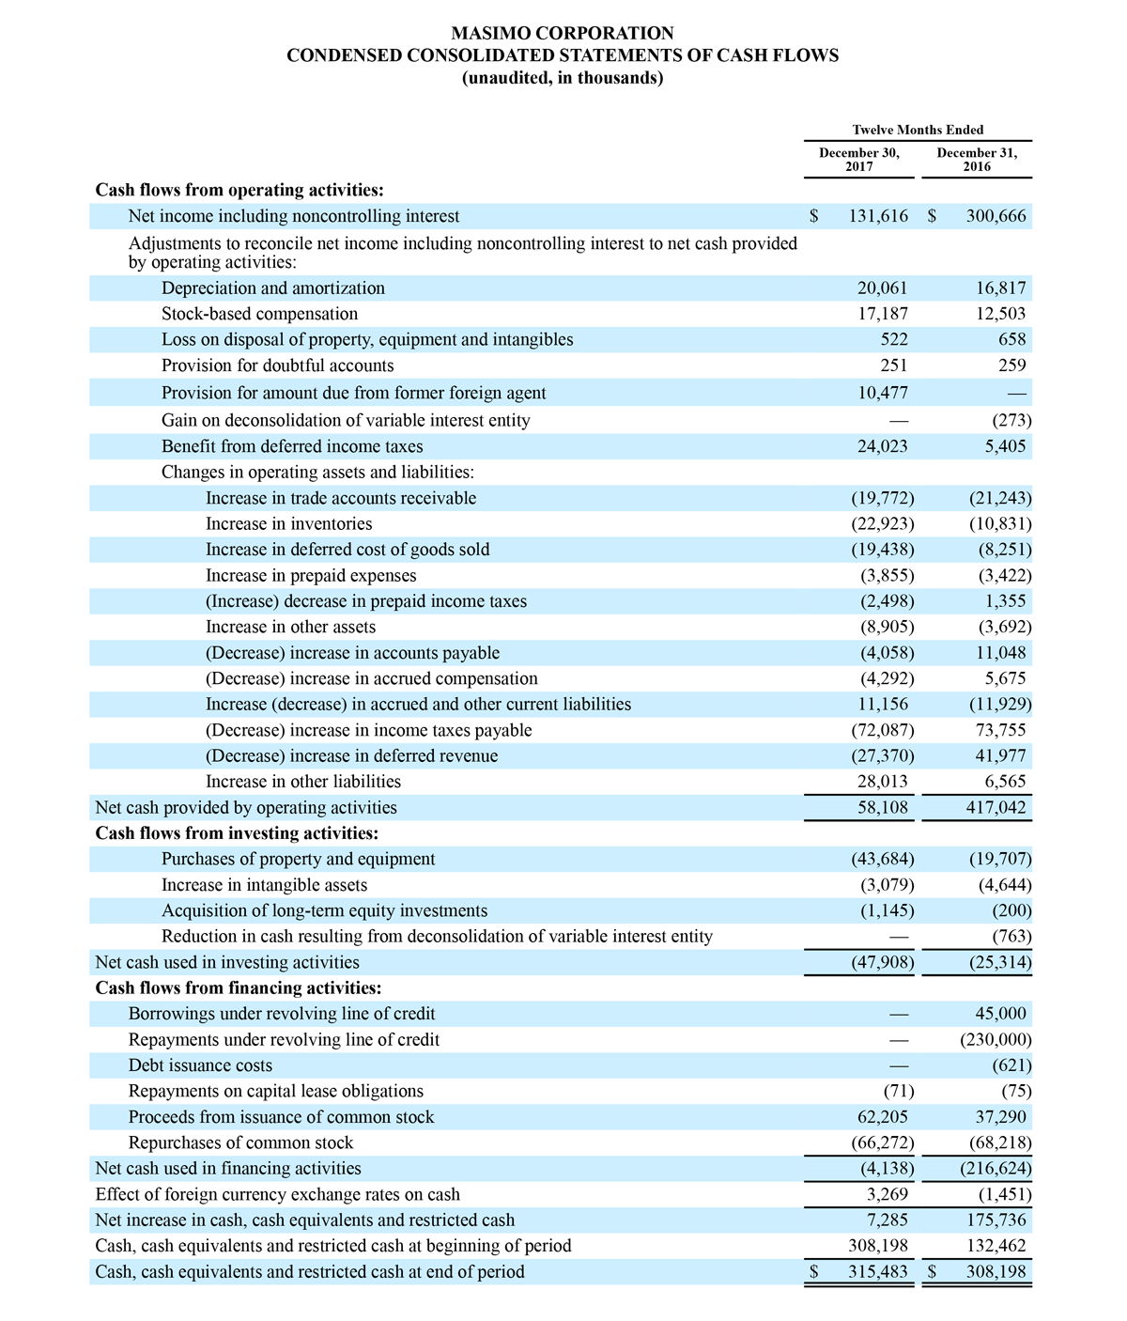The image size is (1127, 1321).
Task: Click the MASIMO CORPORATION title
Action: pyautogui.click(x=563, y=34)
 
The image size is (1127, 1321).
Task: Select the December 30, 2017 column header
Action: pyautogui.click(x=858, y=160)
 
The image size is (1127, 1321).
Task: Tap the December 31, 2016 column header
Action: pyautogui.click(x=977, y=160)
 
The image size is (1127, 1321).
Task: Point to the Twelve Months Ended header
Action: pyautogui.click(x=918, y=130)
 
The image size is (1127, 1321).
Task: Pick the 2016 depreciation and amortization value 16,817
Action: pyautogui.click(x=996, y=288)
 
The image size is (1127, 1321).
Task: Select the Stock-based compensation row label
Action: pyautogui.click(x=259, y=314)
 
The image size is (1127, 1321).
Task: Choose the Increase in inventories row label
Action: pyautogui.click(x=288, y=523)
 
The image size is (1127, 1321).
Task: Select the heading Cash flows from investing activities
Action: pyautogui.click(x=237, y=833)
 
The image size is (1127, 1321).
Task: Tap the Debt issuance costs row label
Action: pyautogui.click(x=200, y=1065)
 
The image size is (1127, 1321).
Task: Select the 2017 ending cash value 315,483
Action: pyautogui.click(x=878, y=1272)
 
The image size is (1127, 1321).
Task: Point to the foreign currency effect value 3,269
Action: pyautogui.click(x=888, y=1195)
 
